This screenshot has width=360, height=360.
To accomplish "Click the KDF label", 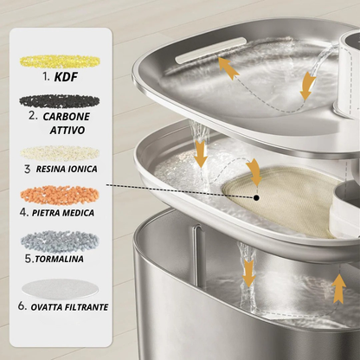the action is pos(66,77).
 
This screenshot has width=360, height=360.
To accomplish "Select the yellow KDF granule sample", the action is pos(60,61).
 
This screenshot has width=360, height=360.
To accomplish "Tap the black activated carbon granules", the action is pos(60,101).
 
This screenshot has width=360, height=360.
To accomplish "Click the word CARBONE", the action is pos(66,117).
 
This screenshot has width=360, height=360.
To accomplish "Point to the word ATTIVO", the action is pos(67,130).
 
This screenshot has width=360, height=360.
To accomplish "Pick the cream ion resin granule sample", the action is pos(60,153).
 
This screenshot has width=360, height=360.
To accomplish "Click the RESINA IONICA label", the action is pos(67,169).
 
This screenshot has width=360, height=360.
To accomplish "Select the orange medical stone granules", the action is pos(60,195).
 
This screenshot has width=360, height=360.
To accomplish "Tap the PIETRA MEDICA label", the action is pos(63,213).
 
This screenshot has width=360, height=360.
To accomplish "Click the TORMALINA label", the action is pos(59,259).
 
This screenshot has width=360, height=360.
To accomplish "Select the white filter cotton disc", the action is pos(60,288).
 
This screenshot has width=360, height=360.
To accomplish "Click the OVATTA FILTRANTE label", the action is pos(69,307).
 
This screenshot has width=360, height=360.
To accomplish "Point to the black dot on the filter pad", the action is pos(256,197).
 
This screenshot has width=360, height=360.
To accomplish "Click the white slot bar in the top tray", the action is pos(211,49).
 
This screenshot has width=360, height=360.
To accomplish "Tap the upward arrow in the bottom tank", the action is pos(339,289).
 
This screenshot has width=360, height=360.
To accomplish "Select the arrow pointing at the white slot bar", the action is pos(228,68).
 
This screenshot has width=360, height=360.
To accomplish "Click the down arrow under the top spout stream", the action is pos(307,86).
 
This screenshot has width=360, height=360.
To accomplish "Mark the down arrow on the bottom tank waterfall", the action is pos(248,273).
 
